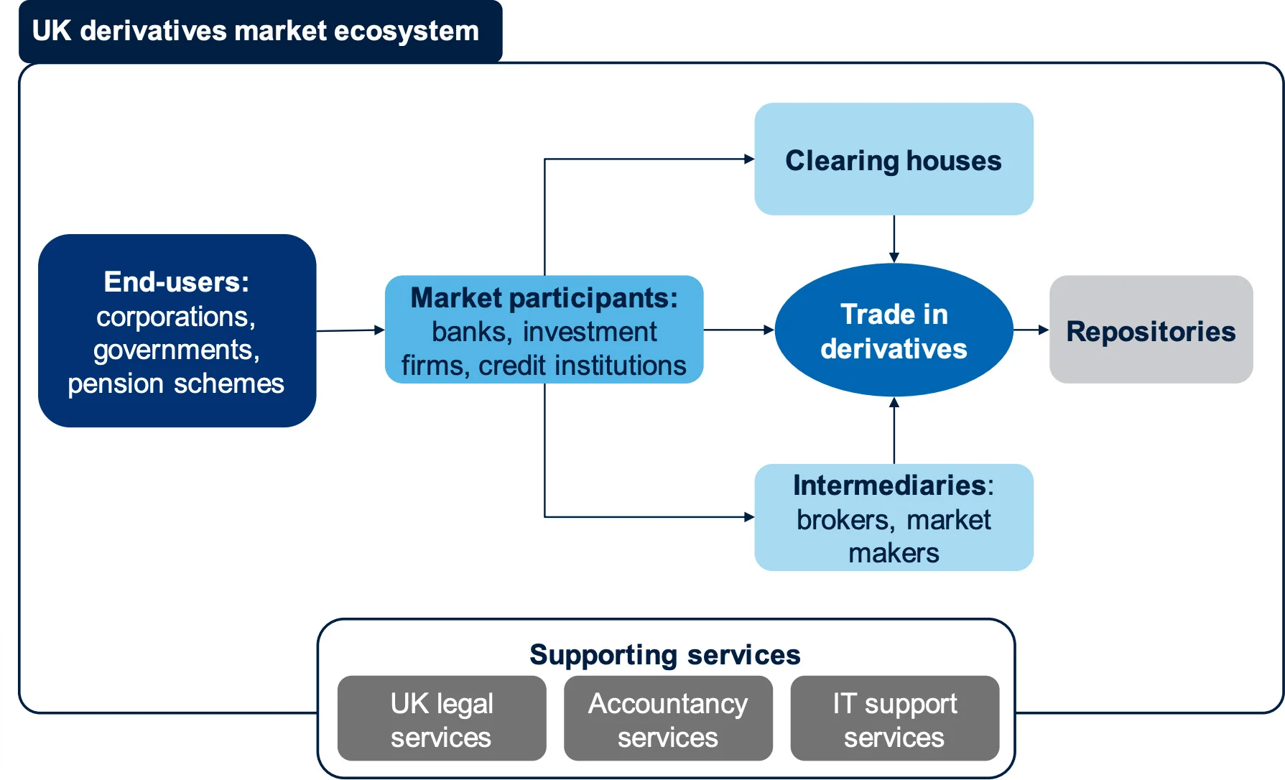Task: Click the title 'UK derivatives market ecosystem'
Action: coord(256,32)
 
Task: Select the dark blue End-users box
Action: coord(177,330)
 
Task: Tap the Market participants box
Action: coord(544,330)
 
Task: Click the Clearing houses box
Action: coord(894,159)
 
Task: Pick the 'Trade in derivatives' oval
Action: coord(894,330)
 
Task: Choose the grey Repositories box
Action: coord(1151,330)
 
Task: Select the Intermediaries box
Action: coord(894,518)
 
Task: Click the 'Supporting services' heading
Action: coord(664,655)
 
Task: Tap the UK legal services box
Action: coord(442,719)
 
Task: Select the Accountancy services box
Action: coord(668,719)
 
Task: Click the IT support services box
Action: coord(894,719)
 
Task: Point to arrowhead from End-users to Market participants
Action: coord(380,330)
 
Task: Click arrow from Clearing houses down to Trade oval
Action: coord(894,239)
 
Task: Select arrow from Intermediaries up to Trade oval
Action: coord(894,431)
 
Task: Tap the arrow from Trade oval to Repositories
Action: coord(1031,330)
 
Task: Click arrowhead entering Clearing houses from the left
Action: coord(749,159)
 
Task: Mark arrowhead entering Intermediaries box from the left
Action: coord(749,516)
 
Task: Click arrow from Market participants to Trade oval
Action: coord(738,330)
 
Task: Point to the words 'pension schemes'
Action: coord(176,384)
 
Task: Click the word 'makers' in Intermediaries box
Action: coord(894,553)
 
